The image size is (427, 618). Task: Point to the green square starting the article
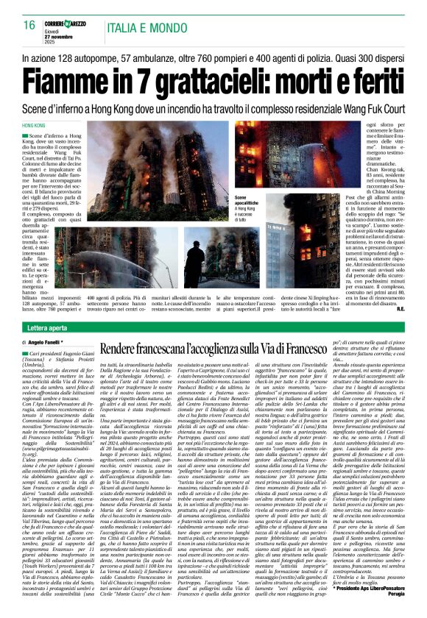(x=27, y=138)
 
